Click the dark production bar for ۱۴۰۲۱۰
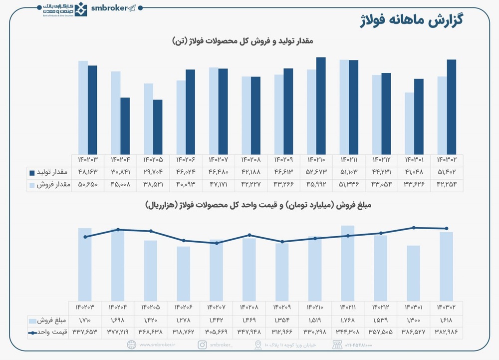[321, 105]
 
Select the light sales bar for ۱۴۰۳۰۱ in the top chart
[409, 123]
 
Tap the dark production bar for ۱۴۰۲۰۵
[158, 127]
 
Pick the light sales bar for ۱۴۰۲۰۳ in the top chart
[83, 107]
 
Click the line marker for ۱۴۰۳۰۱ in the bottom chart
[414, 228]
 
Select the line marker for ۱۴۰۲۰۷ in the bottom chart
[217, 243]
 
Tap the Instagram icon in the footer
[203, 345]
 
